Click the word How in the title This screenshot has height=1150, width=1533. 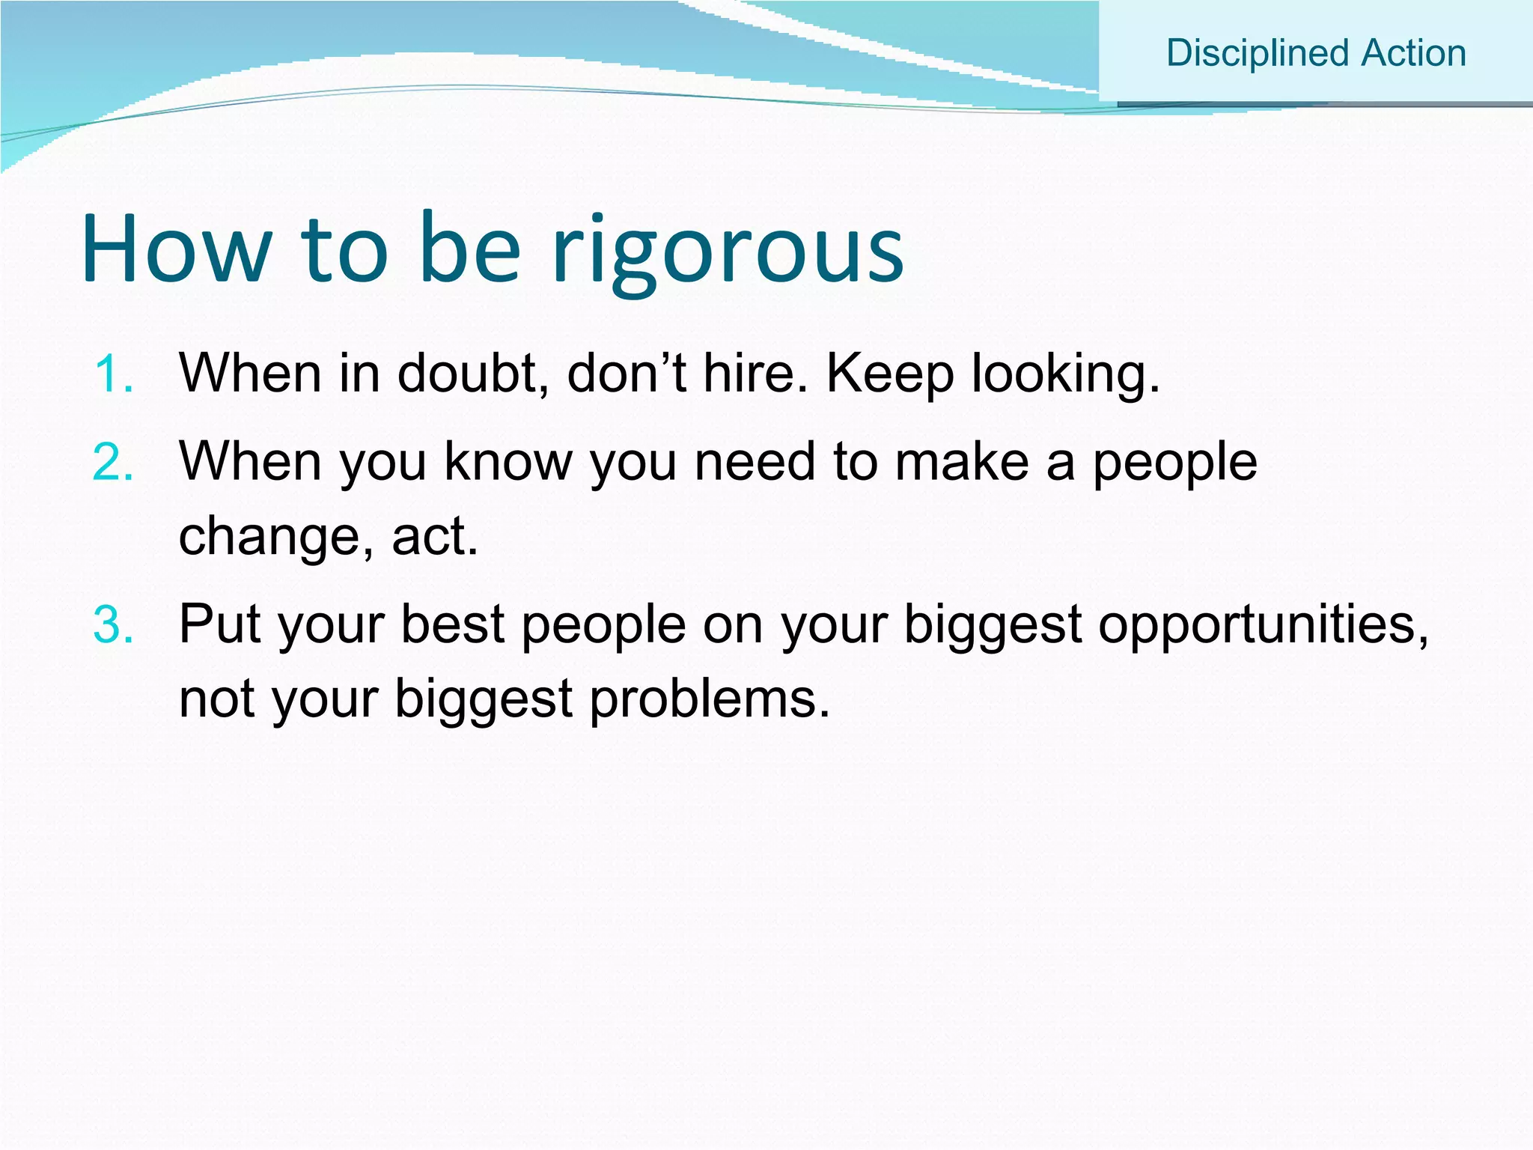click(177, 249)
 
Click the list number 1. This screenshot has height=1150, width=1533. click(114, 374)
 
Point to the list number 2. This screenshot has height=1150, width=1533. click(114, 462)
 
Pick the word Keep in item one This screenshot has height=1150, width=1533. click(889, 374)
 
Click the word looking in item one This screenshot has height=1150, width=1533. click(1064, 374)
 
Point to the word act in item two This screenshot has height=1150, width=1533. click(433, 537)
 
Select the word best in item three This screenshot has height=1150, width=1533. click(453, 624)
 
